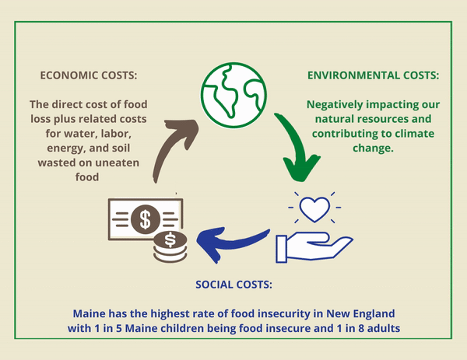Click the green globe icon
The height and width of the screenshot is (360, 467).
tap(233, 95)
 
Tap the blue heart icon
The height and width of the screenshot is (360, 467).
tap(314, 209)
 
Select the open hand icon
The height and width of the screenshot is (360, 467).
tap(314, 247)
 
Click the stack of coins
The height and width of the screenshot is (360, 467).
tap(170, 247)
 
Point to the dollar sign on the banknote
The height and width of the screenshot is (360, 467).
tap(146, 219)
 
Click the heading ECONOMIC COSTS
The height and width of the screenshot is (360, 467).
tap(89, 75)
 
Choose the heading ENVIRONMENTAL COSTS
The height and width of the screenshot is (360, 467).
tap(373, 75)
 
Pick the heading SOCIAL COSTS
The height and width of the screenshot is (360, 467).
tap(233, 285)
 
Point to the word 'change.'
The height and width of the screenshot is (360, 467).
tap(373, 149)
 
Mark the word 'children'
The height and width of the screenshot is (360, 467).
tap(182, 328)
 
